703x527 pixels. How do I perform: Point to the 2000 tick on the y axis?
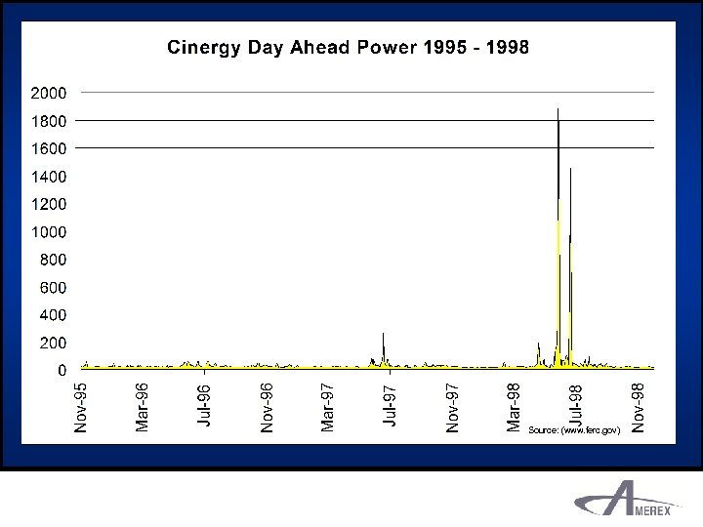(48, 93)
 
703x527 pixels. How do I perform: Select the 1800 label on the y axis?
(48, 121)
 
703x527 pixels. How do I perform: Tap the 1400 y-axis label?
(48, 177)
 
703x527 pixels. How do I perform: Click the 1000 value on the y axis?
(48, 232)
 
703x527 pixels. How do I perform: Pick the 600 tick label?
(53, 288)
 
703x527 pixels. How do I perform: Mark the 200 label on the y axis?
(53, 344)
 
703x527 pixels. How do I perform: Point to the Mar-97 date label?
(328, 406)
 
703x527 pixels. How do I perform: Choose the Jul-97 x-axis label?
(390, 406)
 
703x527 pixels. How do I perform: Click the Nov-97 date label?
(452, 406)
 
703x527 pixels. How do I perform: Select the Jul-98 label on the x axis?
(576, 404)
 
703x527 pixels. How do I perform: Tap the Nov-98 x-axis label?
(638, 406)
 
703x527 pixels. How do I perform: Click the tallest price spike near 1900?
(558, 112)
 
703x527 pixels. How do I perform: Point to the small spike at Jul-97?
(383, 337)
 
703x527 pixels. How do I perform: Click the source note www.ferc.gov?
(574, 429)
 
